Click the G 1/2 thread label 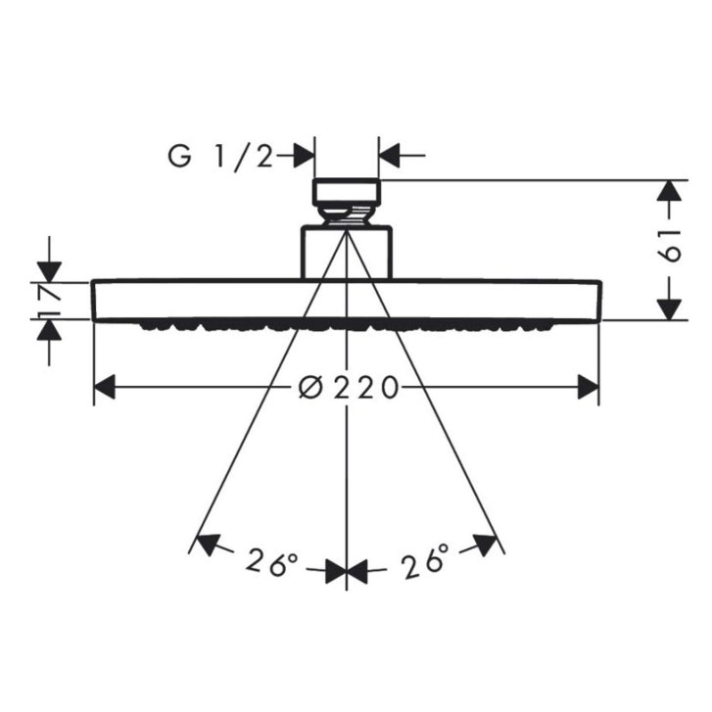coord(221,157)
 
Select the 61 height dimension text coord(670,245)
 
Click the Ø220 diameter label coord(349,388)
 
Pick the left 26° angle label coord(271,563)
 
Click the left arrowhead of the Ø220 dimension coord(105,387)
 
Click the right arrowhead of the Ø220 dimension coord(588,387)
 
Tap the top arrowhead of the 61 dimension coord(669,191)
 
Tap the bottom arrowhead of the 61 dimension coord(669,309)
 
